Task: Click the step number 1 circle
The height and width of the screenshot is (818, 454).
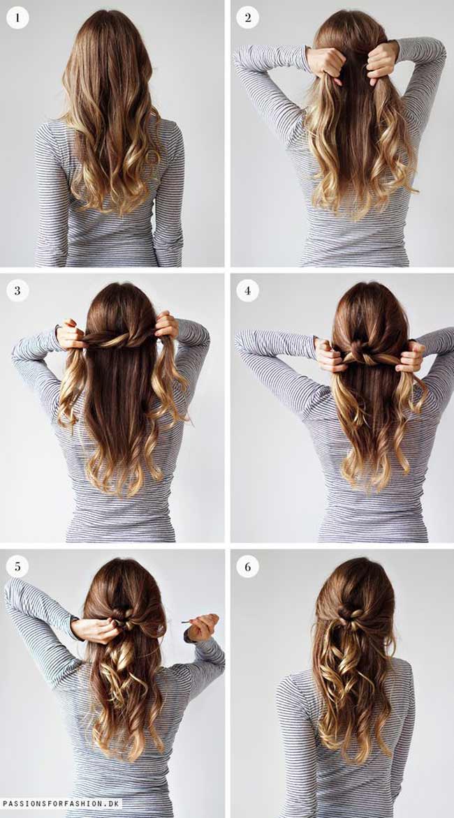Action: pyautogui.click(x=17, y=17)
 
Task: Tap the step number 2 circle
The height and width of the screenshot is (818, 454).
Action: pyautogui.click(x=247, y=17)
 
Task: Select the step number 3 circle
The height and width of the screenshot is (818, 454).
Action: pyautogui.click(x=17, y=290)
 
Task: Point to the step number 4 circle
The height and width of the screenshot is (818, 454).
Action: pyautogui.click(x=247, y=290)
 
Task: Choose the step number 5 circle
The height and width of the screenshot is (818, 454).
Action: pyautogui.click(x=17, y=566)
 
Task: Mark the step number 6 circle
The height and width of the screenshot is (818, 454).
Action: pyautogui.click(x=247, y=566)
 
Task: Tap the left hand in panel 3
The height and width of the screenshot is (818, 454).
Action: pyautogui.click(x=71, y=335)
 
